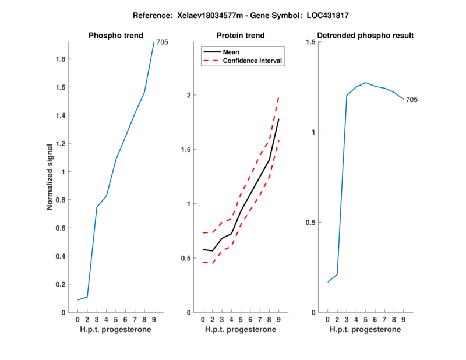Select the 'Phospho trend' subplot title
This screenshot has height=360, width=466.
point(115,36)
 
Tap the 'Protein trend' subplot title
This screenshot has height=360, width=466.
point(241,36)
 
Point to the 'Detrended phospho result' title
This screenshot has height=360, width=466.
point(366,36)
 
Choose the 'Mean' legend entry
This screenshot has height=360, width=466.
point(231,52)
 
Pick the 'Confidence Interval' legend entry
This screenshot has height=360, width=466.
point(253,61)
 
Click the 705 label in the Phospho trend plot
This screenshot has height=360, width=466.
point(163,42)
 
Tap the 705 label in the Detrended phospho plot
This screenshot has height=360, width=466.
point(412,100)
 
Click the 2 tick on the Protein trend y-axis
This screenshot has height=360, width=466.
point(188,96)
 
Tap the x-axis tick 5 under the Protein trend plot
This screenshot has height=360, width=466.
point(241,320)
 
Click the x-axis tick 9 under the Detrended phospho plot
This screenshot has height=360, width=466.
point(404,320)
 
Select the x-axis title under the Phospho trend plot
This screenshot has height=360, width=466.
point(115,330)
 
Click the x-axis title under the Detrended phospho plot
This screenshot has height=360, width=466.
point(366,330)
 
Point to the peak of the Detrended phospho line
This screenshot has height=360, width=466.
point(366,83)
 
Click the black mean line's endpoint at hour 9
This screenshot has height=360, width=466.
point(279,119)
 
